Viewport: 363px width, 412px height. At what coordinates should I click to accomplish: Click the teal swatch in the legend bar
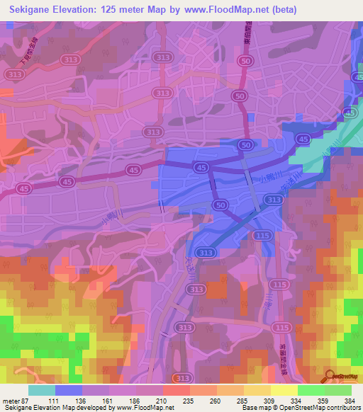pyautogui.click(x=42, y=390)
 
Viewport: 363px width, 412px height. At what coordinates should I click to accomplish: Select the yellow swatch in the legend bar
pyautogui.click(x=284, y=390)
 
